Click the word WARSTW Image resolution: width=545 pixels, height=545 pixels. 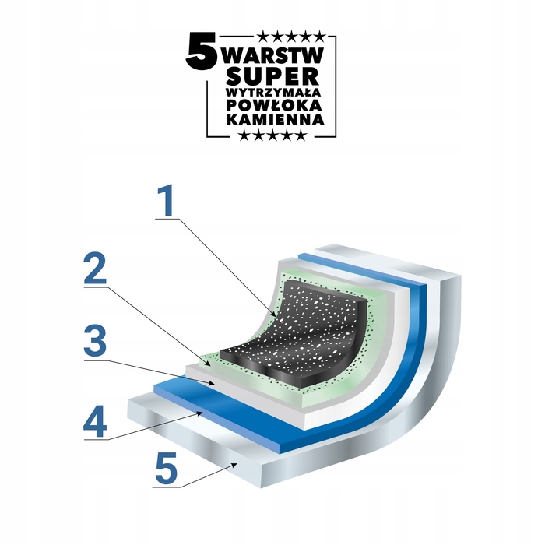click(x=274, y=55)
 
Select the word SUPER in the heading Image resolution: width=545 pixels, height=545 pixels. click(x=272, y=76)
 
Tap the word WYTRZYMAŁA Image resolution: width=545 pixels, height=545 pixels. click(x=273, y=93)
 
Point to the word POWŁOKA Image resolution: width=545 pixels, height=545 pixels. click(x=274, y=105)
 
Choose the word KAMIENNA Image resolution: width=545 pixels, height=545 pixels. click(x=276, y=119)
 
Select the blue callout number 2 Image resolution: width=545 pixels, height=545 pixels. click(x=95, y=269)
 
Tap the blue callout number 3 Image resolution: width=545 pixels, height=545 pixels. click(x=95, y=341)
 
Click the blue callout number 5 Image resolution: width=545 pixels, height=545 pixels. click(x=166, y=468)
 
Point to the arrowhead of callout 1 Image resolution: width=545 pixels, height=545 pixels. click(x=276, y=313)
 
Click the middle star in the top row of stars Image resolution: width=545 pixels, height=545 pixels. click(x=292, y=36)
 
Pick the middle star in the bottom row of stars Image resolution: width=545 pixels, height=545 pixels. click(x=272, y=135)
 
